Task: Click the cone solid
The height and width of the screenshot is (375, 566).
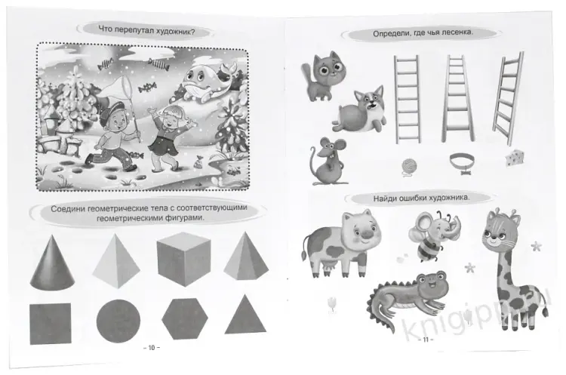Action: (x=52, y=263)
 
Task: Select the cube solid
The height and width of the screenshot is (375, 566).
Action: (x=183, y=258)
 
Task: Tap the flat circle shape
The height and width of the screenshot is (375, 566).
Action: (x=118, y=321)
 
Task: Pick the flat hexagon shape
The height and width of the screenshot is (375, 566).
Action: (x=185, y=318)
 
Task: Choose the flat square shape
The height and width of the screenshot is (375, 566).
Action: (x=50, y=324)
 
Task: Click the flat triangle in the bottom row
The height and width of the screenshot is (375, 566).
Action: (x=245, y=316)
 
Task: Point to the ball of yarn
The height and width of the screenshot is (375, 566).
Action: (x=409, y=167)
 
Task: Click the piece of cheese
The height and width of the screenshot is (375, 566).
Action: (x=515, y=158)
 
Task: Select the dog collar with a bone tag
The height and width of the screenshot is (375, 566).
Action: (x=462, y=162)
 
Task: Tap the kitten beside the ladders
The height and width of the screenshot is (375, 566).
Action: (x=324, y=75)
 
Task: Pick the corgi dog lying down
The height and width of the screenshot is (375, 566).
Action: (x=359, y=110)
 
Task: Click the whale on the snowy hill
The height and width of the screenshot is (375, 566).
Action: (x=206, y=82)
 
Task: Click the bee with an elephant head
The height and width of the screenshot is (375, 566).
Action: (x=432, y=235)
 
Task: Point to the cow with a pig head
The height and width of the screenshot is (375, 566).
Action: (x=341, y=244)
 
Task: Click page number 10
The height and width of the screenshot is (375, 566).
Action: (x=152, y=348)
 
